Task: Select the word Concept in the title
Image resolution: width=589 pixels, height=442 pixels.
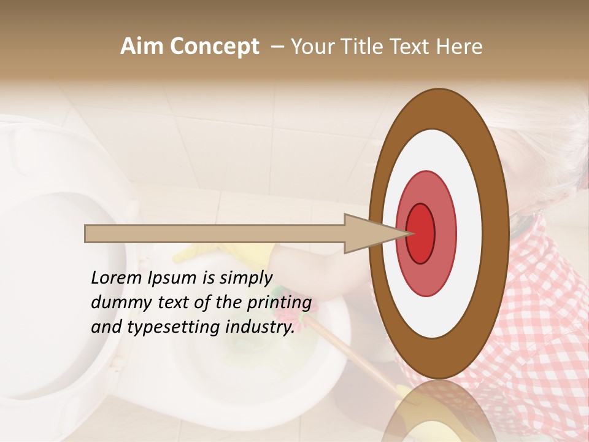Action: [214, 47]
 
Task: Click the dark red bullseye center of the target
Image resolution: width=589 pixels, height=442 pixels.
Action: [420, 233]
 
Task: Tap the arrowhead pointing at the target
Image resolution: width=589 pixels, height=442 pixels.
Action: [368, 233]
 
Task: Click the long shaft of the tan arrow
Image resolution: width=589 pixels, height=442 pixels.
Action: [215, 233]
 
